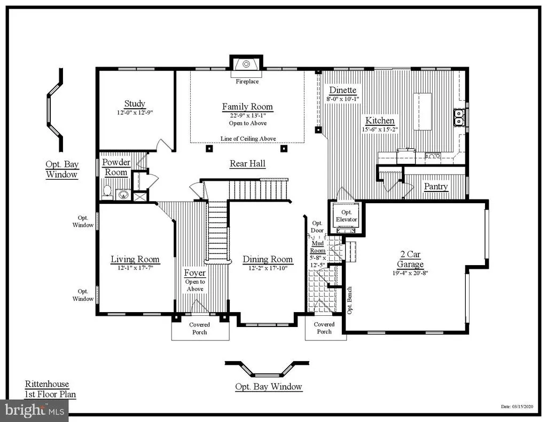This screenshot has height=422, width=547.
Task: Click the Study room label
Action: click(x=135, y=104)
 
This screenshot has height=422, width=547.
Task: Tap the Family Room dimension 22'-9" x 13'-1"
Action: click(x=248, y=116)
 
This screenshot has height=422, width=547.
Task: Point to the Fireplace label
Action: click(x=247, y=82)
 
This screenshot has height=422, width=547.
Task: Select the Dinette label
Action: click(x=343, y=90)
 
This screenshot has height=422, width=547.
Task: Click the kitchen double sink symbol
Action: click(x=459, y=117)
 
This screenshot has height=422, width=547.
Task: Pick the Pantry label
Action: click(x=436, y=187)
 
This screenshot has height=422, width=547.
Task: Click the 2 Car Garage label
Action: click(x=410, y=259)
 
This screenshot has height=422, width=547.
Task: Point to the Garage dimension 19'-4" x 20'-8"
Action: click(x=410, y=273)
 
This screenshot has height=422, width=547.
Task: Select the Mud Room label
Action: click(x=318, y=247)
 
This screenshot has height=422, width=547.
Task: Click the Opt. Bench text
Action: click(x=349, y=300)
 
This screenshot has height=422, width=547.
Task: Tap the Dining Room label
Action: click(x=268, y=259)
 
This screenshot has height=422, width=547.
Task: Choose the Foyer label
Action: click(x=195, y=273)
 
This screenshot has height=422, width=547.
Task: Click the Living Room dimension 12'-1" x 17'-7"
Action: click(x=135, y=268)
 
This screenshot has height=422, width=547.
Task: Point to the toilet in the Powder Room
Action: click(x=107, y=192)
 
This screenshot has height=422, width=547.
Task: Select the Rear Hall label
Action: click(x=248, y=164)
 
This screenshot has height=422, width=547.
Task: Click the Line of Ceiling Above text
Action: click(x=248, y=139)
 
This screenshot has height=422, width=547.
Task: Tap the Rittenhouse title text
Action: click(x=47, y=384)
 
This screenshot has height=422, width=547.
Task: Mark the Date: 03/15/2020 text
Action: click(x=517, y=407)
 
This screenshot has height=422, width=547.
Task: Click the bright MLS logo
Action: click(x=35, y=410)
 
